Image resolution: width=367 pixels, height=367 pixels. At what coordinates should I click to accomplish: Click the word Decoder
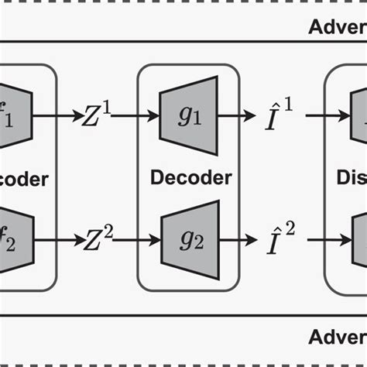click(x=190, y=178)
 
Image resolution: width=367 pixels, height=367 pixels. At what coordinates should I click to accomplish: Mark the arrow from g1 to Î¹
click(x=237, y=117)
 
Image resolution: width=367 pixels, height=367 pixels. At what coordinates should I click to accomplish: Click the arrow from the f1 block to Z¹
click(x=58, y=117)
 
